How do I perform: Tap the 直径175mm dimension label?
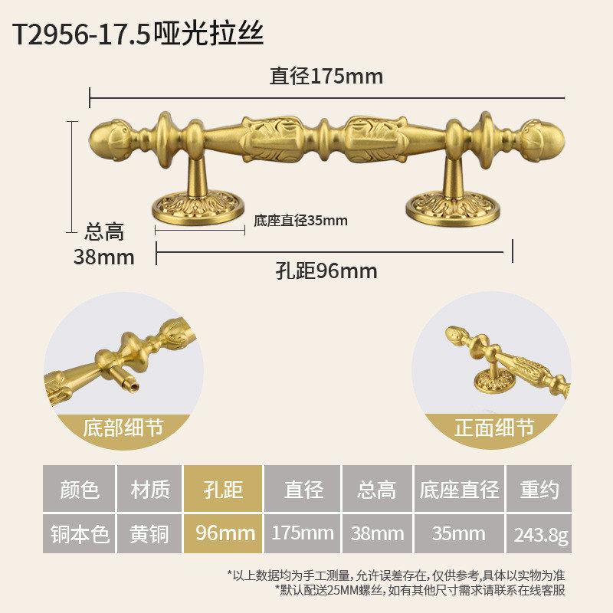pyautogui.click(x=326, y=77)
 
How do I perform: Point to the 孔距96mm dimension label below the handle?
pyautogui.click(x=326, y=271)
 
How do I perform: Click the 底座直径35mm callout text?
pyautogui.click(x=300, y=221)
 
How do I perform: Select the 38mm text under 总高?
pyautogui.click(x=103, y=257)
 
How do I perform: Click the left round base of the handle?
pyautogui.click(x=198, y=208)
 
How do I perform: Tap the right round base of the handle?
pyautogui.click(x=452, y=208)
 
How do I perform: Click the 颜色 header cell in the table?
pyautogui.click(x=79, y=489)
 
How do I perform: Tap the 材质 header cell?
pyautogui.click(x=149, y=489)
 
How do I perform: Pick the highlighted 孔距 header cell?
pyautogui.click(x=223, y=489)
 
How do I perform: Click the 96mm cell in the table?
pyautogui.click(x=223, y=533)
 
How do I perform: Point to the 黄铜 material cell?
pyautogui.click(x=149, y=533)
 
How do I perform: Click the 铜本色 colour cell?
pyautogui.click(x=79, y=533)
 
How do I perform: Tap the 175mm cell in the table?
pyautogui.click(x=303, y=533)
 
